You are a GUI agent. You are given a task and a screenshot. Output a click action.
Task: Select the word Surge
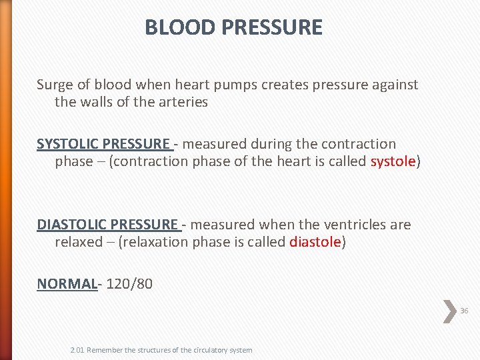(53, 85)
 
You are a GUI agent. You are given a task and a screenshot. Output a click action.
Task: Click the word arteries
(183, 102)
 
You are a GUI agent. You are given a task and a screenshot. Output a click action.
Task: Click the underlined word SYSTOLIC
(69, 144)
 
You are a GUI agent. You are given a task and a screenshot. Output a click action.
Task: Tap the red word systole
(393, 161)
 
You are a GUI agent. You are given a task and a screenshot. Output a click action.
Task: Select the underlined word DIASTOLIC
(72, 225)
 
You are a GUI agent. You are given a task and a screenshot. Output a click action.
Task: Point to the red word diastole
(315, 242)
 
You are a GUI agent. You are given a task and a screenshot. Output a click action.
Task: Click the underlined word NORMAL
(67, 283)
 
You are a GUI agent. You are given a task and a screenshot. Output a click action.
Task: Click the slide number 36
(464, 311)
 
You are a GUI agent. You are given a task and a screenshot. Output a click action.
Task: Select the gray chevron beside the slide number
(450, 311)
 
